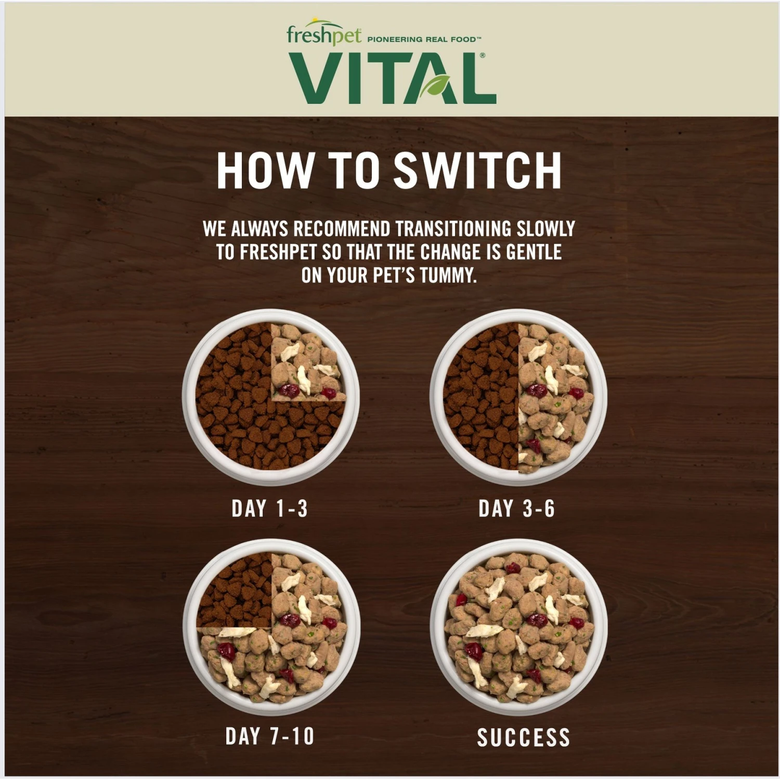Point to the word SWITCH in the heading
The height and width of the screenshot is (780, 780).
pos(477,171)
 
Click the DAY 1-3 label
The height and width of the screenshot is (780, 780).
pos(269,509)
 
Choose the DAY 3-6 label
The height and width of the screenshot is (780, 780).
pos(516,509)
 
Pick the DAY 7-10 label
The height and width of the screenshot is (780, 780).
pos(269,736)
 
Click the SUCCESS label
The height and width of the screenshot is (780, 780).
pos(523,737)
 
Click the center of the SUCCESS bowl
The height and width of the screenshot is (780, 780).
pos(518,627)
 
